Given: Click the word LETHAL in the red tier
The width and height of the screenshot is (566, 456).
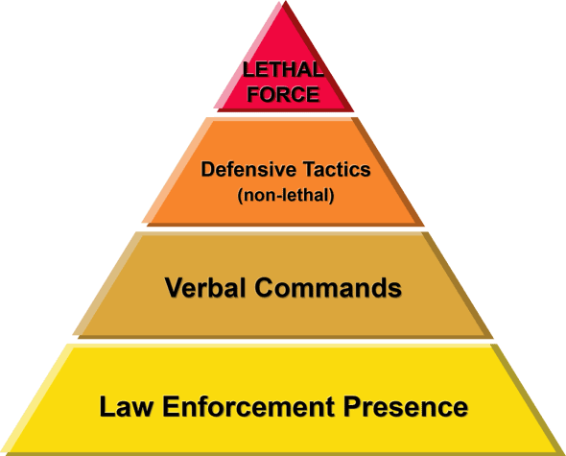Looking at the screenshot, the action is (x=283, y=69).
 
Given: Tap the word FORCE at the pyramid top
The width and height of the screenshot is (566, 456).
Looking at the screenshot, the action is (x=284, y=94).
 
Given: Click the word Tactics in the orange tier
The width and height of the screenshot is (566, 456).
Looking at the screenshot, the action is (x=337, y=169).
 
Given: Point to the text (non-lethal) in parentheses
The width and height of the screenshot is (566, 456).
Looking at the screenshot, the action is (x=286, y=196).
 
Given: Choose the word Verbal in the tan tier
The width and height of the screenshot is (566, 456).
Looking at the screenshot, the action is (x=205, y=288).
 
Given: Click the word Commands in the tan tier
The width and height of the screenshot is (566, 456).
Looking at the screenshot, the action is (x=328, y=288).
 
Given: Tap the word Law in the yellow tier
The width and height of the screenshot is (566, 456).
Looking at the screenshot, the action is (x=126, y=406).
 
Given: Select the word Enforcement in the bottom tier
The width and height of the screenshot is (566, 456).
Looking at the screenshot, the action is (x=248, y=406).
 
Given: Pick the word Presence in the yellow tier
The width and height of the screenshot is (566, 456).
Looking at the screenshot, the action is (x=406, y=406).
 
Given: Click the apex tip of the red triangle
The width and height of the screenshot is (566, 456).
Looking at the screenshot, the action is (x=285, y=1).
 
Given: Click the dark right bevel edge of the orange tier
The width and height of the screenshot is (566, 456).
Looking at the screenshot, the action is (x=387, y=171).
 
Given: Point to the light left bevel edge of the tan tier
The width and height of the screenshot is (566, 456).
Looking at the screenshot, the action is (x=107, y=284).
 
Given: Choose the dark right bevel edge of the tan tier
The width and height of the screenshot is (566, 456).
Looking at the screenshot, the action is (x=457, y=285).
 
